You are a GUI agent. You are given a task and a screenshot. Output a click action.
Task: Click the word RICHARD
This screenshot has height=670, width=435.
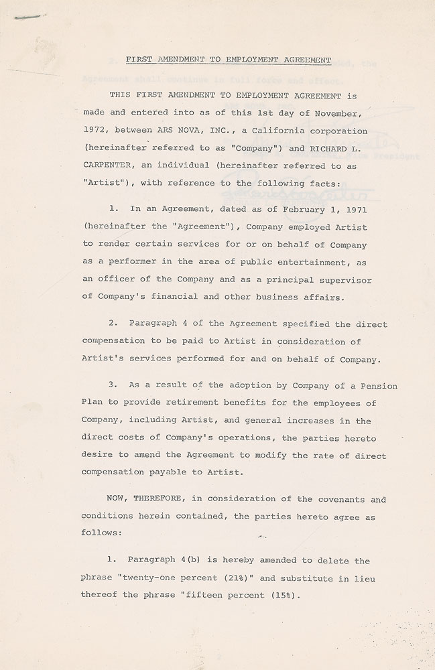pyautogui.click(x=346, y=143)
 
